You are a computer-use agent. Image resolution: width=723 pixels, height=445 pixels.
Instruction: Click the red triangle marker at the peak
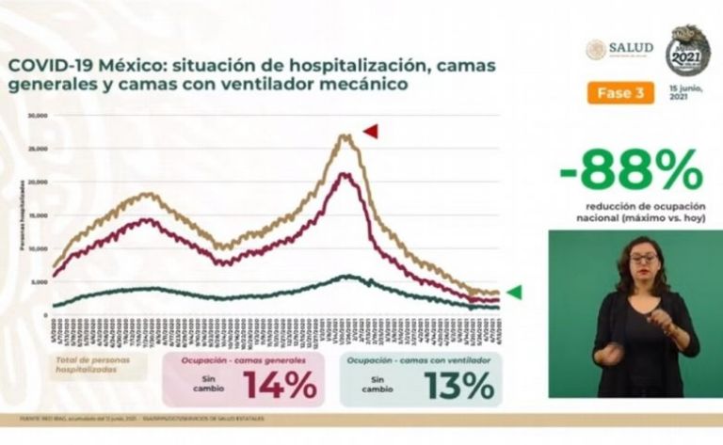[x=370, y=131]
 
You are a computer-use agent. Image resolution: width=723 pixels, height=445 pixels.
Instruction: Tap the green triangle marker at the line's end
[x=514, y=292]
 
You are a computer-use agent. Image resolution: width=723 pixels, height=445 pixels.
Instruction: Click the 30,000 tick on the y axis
[x=38, y=117]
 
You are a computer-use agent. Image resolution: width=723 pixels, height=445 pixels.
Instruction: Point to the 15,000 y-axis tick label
[x=38, y=215]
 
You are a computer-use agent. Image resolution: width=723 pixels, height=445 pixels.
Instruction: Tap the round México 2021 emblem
[x=688, y=51]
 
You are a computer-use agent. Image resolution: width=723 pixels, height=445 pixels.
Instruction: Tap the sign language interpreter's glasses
[x=644, y=257]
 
